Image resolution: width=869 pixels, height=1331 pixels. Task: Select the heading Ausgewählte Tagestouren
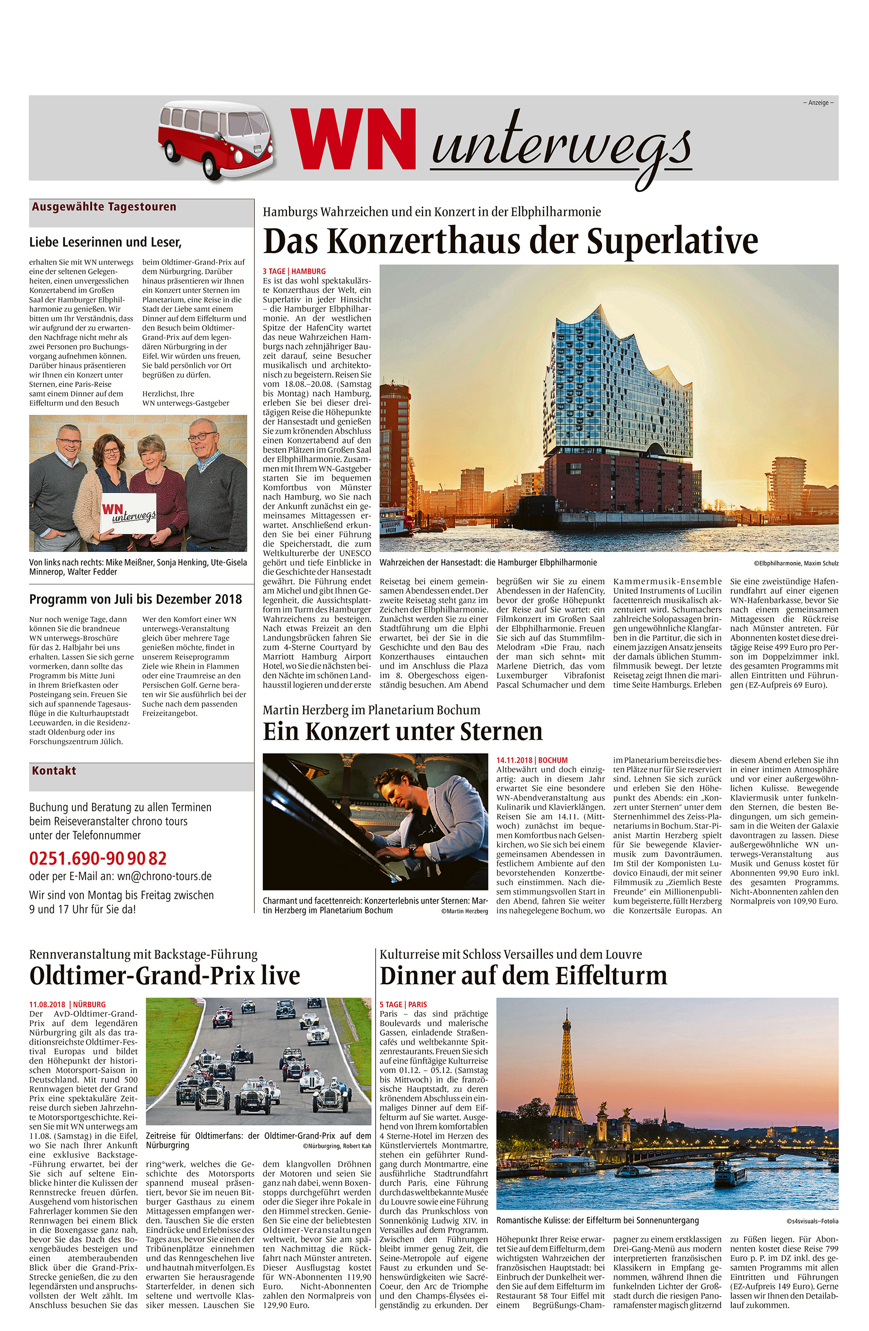(104, 207)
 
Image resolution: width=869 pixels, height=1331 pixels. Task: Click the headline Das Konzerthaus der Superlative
(510, 241)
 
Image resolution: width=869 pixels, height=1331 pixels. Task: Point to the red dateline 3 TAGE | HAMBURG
(294, 271)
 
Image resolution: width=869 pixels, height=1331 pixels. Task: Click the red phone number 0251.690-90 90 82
(98, 858)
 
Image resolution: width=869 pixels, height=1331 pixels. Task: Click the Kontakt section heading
(54, 771)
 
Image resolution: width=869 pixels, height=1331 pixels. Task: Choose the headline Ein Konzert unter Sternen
(403, 732)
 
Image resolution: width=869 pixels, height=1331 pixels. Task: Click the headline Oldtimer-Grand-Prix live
(164, 976)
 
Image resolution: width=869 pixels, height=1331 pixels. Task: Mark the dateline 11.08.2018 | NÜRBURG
(67, 1005)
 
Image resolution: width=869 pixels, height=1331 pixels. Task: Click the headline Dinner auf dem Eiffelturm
(523, 976)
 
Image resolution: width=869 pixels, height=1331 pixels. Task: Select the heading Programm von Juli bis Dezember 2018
(135, 599)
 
